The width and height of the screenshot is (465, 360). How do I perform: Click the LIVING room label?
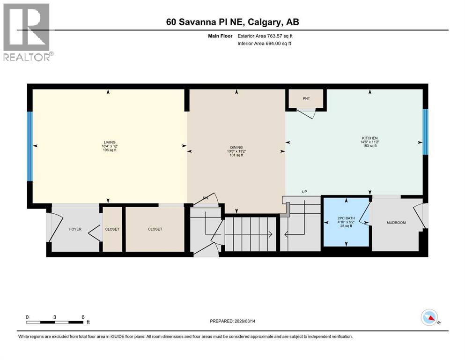pyautogui.click(x=110, y=142)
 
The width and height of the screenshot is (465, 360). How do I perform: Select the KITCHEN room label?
pyautogui.click(x=369, y=138)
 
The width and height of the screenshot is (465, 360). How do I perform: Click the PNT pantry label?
pyautogui.click(x=306, y=98)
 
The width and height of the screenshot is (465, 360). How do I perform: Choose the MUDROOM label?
pyautogui.click(x=396, y=223)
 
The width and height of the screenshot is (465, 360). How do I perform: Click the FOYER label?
pyautogui.click(x=75, y=229)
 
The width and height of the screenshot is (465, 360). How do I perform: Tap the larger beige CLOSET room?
pyautogui.click(x=155, y=229)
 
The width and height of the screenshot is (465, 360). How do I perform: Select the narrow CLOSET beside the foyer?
pyautogui.click(x=112, y=229)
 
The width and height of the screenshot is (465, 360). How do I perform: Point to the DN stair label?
pyautogui.click(x=205, y=198)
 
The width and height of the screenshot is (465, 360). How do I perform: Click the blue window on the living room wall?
pyautogui.click(x=30, y=146)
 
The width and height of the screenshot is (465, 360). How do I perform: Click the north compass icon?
pyautogui.click(x=429, y=319)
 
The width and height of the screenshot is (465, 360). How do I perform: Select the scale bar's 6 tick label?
pyautogui.click(x=83, y=317)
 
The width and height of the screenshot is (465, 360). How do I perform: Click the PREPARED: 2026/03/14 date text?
pyautogui.click(x=235, y=321)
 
